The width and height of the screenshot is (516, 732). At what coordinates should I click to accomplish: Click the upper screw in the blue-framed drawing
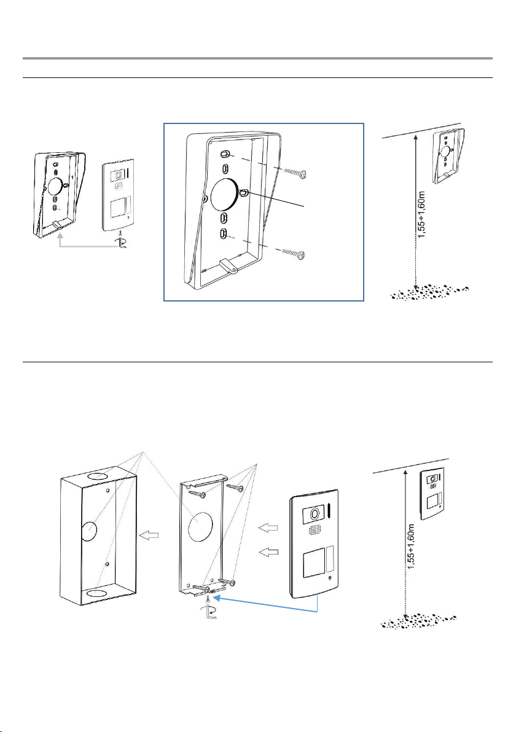295,173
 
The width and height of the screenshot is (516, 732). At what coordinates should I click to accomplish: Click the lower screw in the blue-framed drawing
294,254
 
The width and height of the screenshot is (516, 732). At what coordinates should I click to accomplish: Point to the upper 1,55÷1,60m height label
421,214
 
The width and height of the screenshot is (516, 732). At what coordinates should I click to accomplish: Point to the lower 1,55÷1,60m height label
410,546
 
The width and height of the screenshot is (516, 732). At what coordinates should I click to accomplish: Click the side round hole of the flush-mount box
88,531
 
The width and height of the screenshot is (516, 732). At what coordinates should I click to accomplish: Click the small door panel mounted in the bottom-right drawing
432,494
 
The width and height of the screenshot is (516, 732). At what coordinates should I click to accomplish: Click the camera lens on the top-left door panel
117,176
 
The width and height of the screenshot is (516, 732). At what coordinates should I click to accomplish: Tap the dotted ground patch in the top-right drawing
429,292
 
